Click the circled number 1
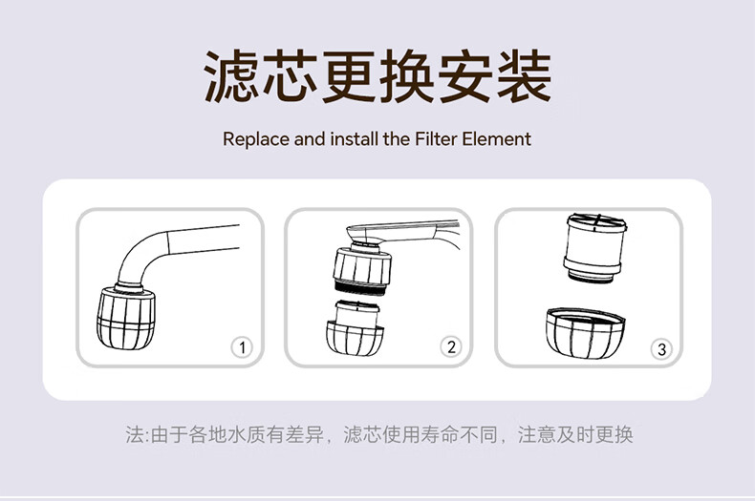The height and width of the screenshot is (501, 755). [x=242, y=347]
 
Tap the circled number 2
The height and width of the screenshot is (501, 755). [x=451, y=346]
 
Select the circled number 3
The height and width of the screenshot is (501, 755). [x=661, y=349]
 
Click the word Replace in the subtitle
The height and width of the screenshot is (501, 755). [x=256, y=139]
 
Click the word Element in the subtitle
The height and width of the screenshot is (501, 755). [x=496, y=139]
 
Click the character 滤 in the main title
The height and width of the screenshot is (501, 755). [x=232, y=77]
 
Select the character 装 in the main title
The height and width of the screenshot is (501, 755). [x=524, y=77]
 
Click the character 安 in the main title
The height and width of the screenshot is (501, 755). [x=465, y=77]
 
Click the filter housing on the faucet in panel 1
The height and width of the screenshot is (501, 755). [x=125, y=318]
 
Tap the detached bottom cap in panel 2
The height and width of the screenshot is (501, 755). [x=355, y=328]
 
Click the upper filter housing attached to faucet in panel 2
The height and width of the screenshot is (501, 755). [x=362, y=268]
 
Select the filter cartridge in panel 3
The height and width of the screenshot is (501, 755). [x=595, y=247]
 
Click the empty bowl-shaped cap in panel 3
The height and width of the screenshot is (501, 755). [x=586, y=333]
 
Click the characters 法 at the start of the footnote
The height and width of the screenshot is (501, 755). [x=135, y=434]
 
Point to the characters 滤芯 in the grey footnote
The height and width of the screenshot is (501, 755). [x=362, y=434]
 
